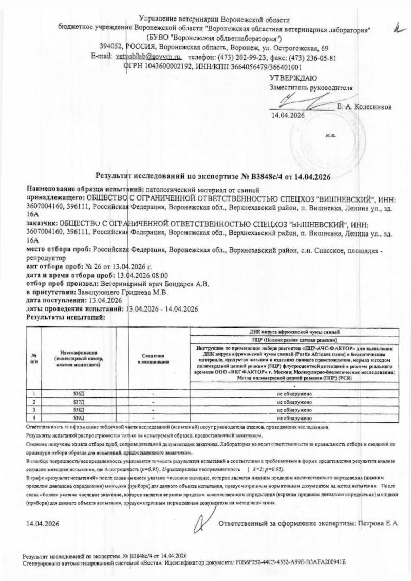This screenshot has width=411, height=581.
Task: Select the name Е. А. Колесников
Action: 364,107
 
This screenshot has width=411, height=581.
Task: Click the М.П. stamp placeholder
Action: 330,136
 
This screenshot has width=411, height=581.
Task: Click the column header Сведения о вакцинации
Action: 154,358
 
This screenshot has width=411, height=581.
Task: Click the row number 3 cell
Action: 34,410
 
